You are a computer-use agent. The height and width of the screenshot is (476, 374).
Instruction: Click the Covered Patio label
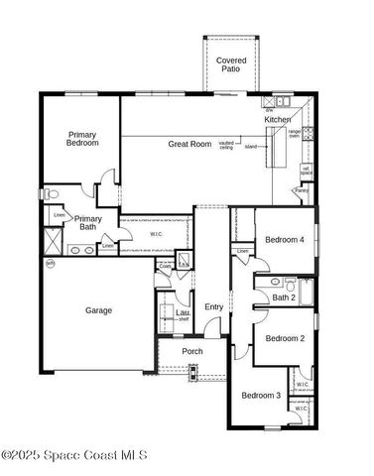[x=231, y=65]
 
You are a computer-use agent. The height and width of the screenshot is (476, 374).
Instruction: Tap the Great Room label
[x=189, y=144]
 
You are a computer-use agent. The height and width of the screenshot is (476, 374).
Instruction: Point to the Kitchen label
[x=278, y=119]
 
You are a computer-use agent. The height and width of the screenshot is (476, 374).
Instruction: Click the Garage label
[x=98, y=310]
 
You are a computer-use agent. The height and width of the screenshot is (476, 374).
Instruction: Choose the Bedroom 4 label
[x=285, y=240]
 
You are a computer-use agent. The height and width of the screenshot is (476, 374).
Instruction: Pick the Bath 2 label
[x=285, y=297]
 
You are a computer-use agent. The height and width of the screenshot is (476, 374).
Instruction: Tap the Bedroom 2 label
[x=285, y=338]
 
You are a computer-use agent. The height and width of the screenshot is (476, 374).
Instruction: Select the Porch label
[x=192, y=351]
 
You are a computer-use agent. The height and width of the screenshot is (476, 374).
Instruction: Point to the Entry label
[x=214, y=306]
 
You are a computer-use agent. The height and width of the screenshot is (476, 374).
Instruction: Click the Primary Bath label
[x=88, y=222]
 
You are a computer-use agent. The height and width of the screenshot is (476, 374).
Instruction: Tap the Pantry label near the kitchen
[x=302, y=189]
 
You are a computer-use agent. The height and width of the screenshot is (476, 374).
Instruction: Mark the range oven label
[x=295, y=134]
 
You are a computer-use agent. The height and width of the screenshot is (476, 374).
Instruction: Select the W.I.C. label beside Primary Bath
[x=157, y=234]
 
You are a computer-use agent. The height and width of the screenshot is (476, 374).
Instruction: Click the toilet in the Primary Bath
[x=55, y=191]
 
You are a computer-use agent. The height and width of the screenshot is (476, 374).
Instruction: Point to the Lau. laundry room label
[x=183, y=314]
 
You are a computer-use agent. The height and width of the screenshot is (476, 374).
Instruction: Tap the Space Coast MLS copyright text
[x=74, y=455]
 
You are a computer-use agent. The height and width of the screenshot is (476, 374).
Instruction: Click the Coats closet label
[x=165, y=266]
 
